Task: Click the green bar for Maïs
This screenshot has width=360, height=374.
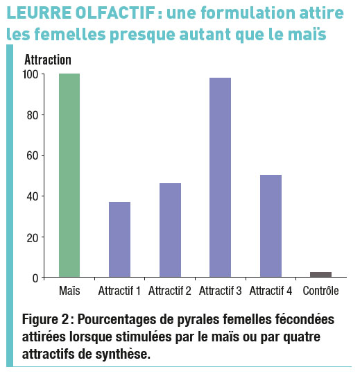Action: click(69, 176)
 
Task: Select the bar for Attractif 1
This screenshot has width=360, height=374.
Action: click(120, 239)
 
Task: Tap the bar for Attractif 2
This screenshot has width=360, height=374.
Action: click(170, 230)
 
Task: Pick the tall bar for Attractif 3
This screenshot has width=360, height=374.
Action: click(221, 178)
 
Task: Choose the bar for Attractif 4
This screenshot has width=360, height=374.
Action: click(271, 226)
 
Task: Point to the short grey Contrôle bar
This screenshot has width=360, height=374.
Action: click(321, 275)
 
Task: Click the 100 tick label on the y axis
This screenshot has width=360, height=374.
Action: click(31, 75)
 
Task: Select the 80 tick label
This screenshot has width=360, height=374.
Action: click(33, 115)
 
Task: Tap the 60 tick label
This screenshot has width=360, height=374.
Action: click(33, 156)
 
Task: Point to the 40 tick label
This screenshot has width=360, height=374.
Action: click(33, 197)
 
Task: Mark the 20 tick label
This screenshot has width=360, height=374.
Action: click(33, 237)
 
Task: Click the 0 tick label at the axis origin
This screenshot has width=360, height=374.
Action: click(35, 278)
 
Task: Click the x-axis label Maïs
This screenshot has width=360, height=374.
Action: click(69, 291)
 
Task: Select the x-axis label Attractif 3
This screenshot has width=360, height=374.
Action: click(221, 291)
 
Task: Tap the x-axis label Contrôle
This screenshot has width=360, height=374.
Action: click(321, 291)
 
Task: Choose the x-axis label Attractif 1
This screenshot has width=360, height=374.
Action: click(119, 291)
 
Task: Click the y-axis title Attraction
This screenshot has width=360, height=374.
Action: click(48, 60)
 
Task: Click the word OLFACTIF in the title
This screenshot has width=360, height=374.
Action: click(116, 12)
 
